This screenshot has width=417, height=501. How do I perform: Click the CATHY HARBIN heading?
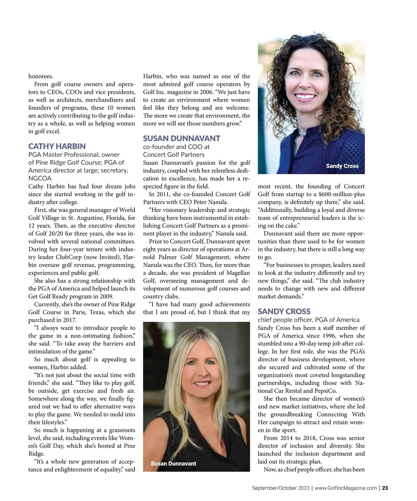57,146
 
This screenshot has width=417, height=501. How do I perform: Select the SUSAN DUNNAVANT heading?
181,138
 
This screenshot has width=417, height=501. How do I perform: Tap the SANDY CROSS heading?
284,311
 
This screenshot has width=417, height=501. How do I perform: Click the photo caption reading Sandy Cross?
342,166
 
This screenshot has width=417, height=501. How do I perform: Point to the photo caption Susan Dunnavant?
173,463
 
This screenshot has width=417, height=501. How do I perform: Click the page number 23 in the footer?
385,488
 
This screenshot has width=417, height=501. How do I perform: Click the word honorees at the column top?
41,76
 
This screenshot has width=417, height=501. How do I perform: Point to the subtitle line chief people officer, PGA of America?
308,320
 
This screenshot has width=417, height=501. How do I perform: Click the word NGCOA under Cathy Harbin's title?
40,178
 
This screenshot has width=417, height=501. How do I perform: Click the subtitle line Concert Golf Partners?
173,155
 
